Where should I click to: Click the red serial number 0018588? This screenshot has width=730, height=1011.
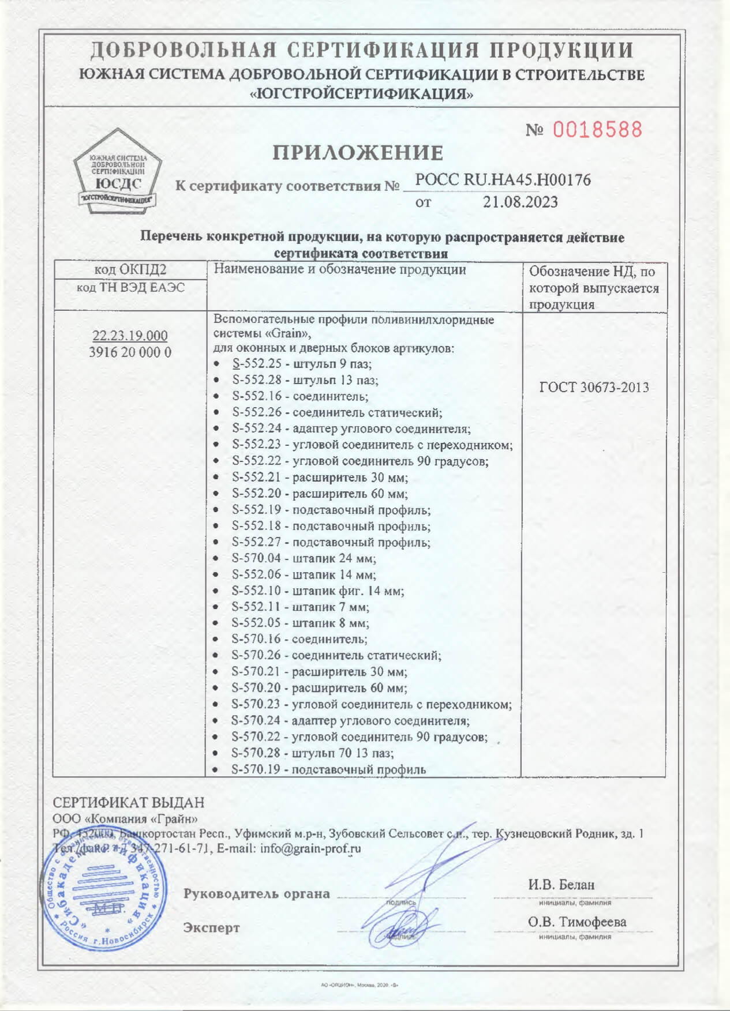click(597, 129)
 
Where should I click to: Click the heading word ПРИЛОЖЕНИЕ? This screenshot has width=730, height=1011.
click(358, 153)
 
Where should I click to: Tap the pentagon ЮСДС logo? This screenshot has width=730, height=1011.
click(118, 171)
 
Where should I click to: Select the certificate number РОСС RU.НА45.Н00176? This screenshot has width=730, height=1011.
click(503, 180)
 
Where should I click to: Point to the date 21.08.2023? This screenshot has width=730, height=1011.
click(520, 202)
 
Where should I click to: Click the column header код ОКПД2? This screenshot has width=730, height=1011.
click(130, 269)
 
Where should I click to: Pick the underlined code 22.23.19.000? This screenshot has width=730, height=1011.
click(130, 336)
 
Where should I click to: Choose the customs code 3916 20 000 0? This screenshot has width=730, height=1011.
click(130, 352)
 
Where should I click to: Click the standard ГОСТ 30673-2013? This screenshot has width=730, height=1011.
click(594, 388)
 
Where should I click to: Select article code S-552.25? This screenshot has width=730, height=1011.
click(256, 364)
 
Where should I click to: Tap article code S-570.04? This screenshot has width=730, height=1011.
click(256, 558)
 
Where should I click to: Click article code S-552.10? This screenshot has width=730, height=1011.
click(256, 591)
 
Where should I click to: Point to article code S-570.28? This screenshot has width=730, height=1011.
click(256, 753)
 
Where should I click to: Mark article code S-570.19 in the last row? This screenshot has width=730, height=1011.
click(256, 769)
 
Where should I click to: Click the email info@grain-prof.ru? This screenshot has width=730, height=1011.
click(310, 848)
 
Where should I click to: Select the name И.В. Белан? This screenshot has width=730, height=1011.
click(561, 884)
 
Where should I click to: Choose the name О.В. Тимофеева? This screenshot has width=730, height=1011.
click(576, 922)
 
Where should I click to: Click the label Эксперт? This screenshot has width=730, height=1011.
click(211, 927)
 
